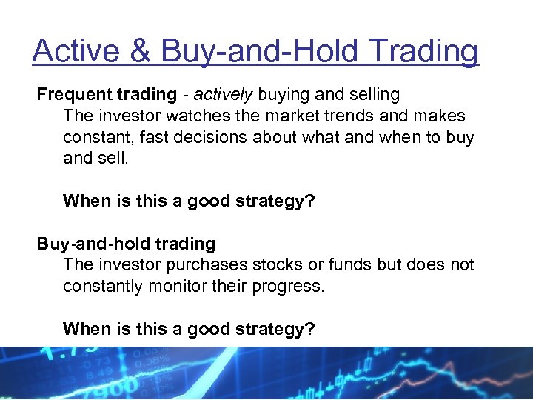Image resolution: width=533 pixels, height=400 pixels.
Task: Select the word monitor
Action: (165, 286)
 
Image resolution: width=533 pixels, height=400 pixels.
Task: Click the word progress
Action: (287, 286)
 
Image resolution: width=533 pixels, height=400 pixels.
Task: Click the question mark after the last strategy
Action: (310, 329)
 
